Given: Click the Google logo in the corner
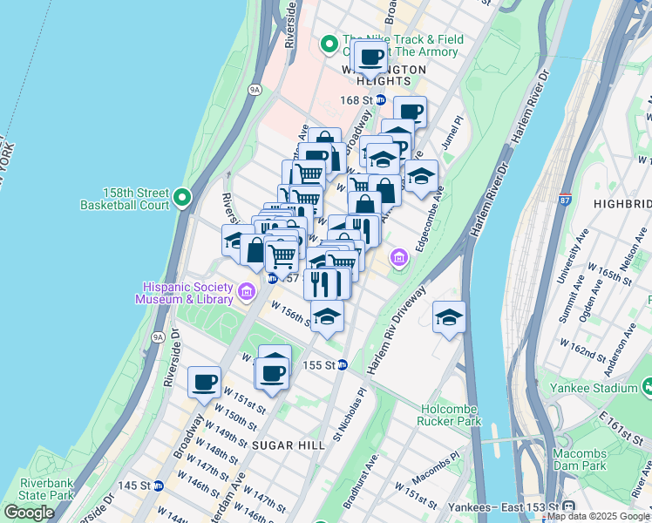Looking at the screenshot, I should tap(29, 513).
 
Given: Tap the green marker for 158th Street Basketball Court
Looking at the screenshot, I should tap(182, 197).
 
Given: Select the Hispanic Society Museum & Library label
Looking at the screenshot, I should tap(184, 294).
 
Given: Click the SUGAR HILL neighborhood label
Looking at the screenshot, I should tap(275, 445).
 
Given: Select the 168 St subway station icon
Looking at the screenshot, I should tap(380, 100).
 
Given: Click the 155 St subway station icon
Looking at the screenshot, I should tap(343, 365).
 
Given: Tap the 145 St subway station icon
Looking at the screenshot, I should tap(158, 486).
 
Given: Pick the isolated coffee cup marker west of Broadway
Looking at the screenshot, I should tap(206, 382).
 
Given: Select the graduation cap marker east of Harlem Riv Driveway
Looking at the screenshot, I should tap(449, 318).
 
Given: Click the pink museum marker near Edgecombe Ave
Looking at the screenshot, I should tap(399, 257).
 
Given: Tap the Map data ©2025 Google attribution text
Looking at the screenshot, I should tap(598, 516).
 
